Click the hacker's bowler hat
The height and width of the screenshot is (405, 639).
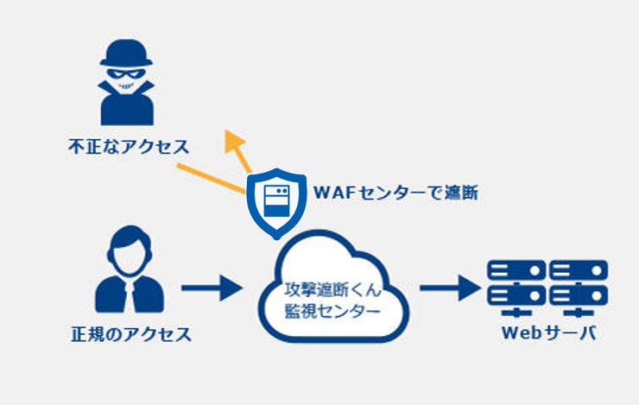point(126,53)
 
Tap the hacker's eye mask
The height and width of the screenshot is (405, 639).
point(126,73)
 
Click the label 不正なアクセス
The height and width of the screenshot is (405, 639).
point(129,147)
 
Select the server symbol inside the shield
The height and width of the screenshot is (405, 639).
point(276,201)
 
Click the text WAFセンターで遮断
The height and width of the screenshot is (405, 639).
point(395,193)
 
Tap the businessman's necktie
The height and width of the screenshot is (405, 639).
point(130,294)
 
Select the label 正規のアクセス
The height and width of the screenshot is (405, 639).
point(131,334)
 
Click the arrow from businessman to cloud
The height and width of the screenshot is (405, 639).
point(212,288)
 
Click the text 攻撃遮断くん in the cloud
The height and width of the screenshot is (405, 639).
point(333,289)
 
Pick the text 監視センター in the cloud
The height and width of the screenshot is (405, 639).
point(332,311)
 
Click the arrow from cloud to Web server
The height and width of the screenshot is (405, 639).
point(450,288)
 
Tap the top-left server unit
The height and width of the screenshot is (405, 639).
point(516,270)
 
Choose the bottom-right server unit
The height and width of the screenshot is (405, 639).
point(579,296)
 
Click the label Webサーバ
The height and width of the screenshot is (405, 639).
point(549,332)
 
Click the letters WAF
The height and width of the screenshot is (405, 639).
point(335,193)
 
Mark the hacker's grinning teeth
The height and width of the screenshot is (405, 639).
point(126,86)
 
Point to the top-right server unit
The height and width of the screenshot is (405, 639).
point(579,270)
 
